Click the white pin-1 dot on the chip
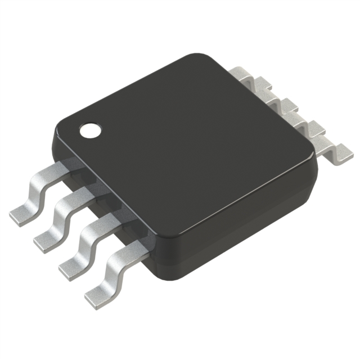click(89, 131)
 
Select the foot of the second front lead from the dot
click(46, 239)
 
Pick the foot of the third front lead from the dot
click(70, 266)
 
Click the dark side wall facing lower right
click(242, 225)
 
